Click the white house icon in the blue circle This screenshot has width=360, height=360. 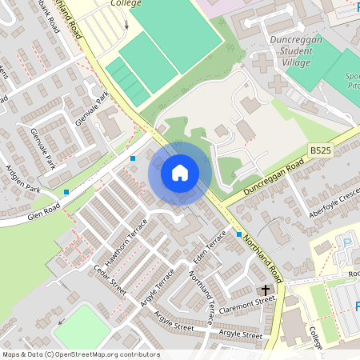[180, 173]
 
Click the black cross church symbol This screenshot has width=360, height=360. [264, 290]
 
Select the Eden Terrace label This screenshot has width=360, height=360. [210, 250]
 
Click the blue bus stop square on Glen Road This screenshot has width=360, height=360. [66, 192]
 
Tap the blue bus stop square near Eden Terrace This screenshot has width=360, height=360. [238, 234]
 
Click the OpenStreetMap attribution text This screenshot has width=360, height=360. [80, 354]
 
